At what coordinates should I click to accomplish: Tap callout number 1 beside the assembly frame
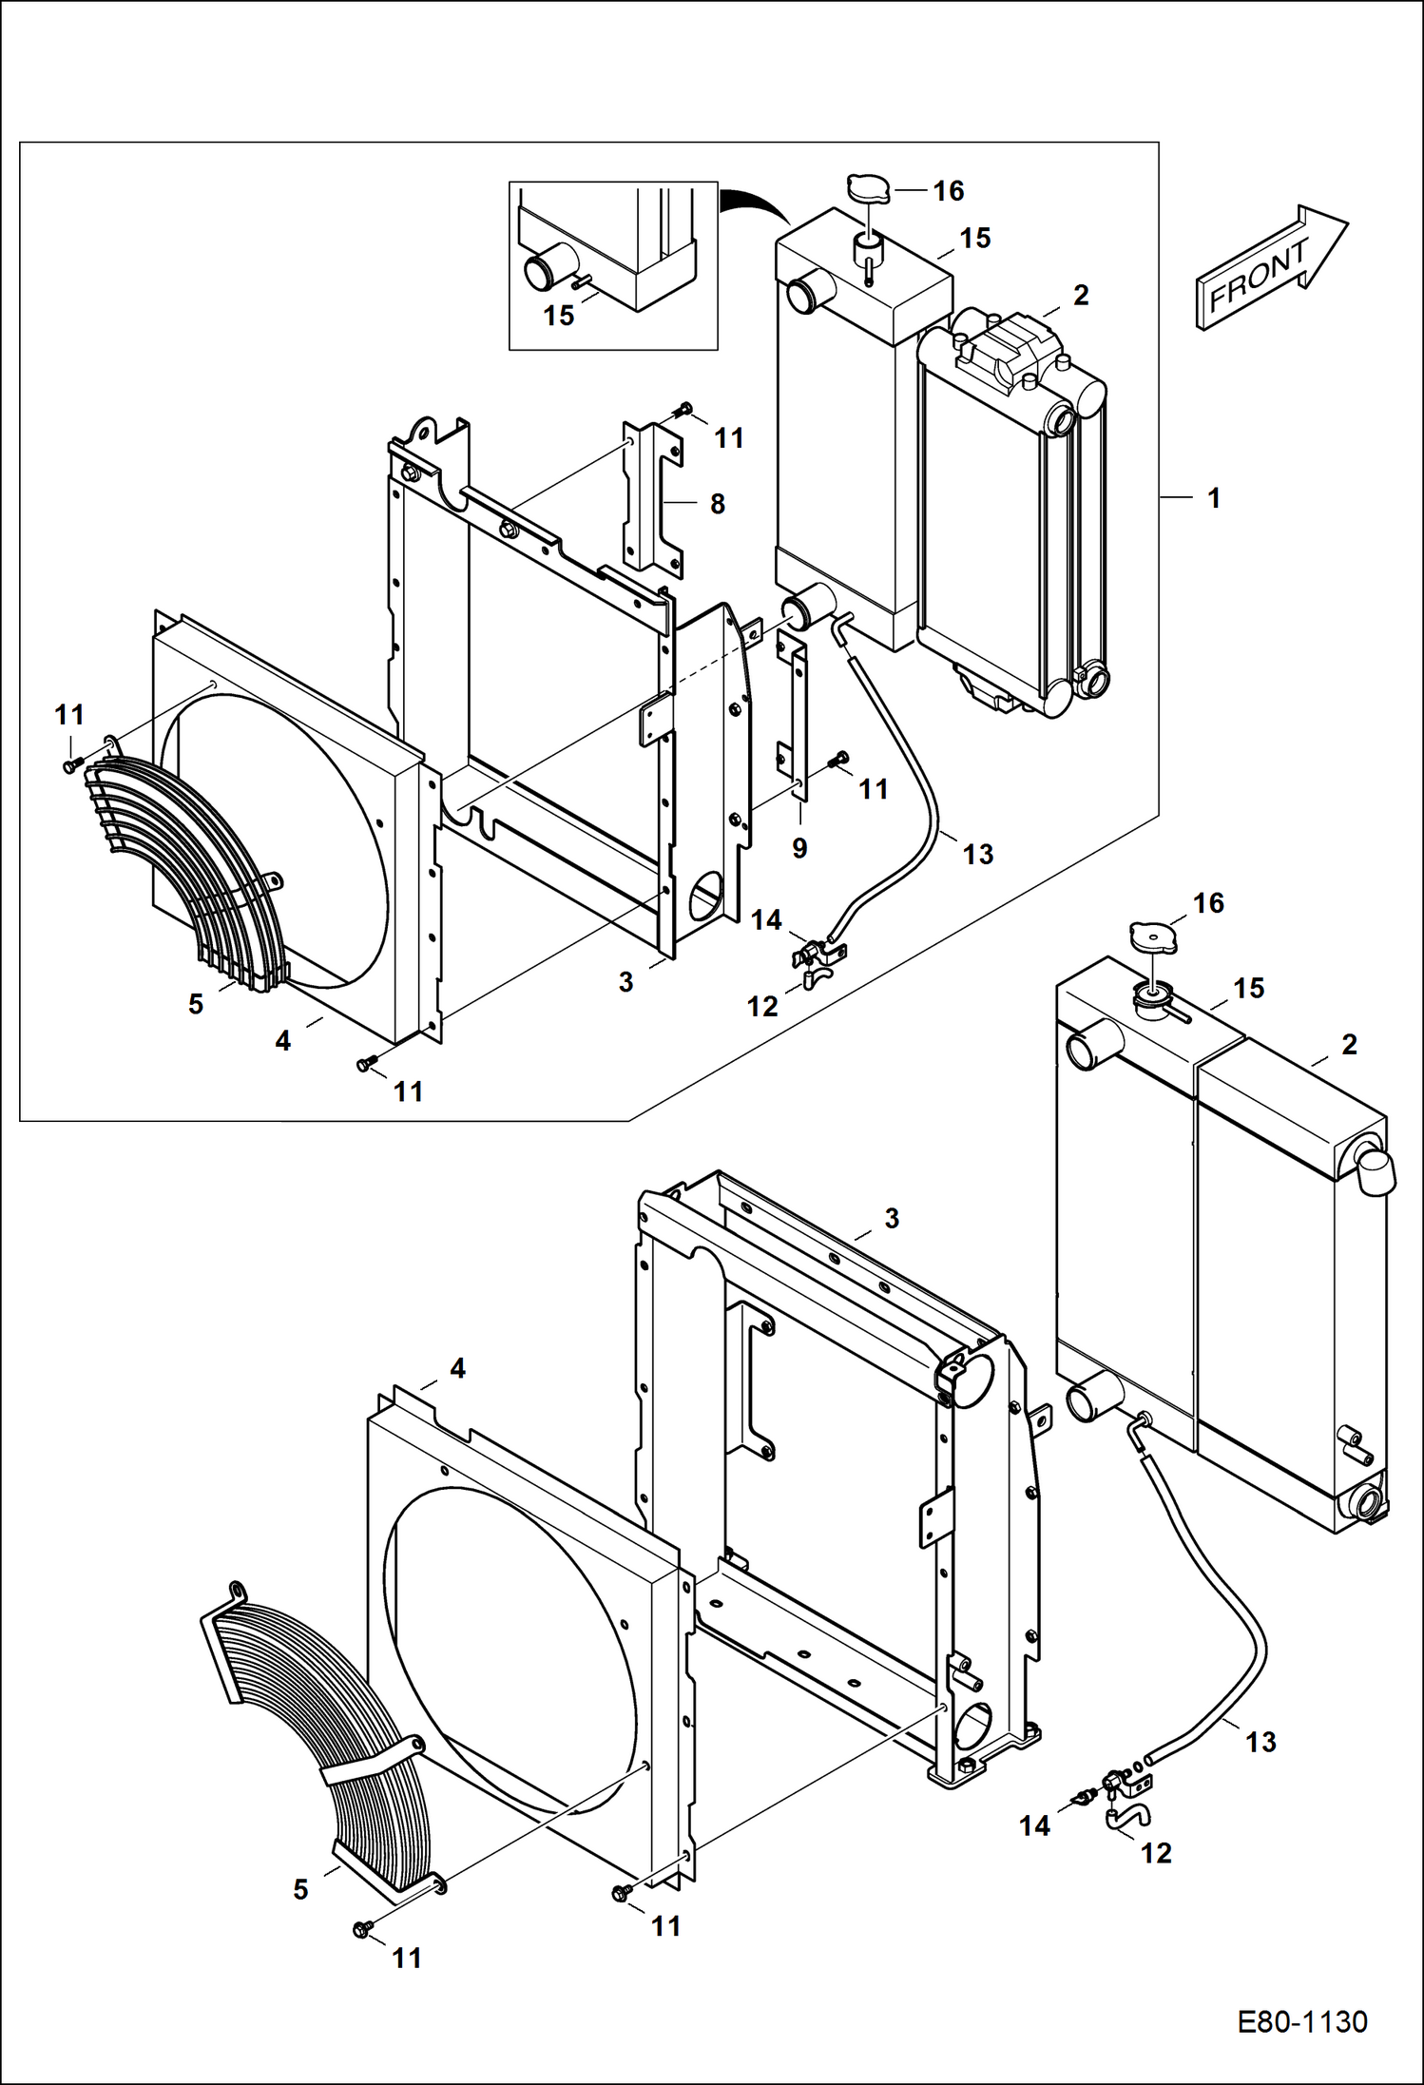click(1214, 497)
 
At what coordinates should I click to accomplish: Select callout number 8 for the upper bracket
click(718, 504)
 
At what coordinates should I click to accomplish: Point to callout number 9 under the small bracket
click(799, 848)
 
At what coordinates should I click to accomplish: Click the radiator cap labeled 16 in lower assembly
click(1152, 936)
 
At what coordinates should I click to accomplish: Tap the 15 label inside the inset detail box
click(559, 315)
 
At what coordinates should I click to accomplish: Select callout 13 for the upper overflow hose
click(978, 854)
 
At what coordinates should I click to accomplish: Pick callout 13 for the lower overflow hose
click(1260, 1742)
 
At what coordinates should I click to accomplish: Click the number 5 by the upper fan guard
click(196, 1003)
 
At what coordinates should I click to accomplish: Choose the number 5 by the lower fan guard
click(300, 1889)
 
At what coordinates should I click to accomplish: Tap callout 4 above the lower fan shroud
click(457, 1368)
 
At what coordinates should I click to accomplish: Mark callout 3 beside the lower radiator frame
click(891, 1218)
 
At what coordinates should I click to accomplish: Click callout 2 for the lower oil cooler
click(1349, 1044)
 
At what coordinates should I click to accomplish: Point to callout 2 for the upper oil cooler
click(1080, 295)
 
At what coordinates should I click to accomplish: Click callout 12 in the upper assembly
click(763, 1006)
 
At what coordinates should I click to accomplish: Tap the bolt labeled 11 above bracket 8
click(682, 410)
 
